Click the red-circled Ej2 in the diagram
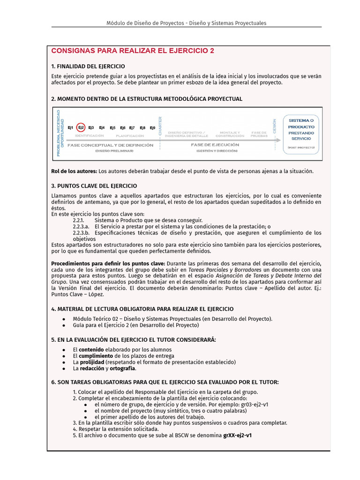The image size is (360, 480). click(81, 127)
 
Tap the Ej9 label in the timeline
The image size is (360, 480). click(152, 127)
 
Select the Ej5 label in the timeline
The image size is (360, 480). click(112, 127)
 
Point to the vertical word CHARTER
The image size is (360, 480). click(160, 126)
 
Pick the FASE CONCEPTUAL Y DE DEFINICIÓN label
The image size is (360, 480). click(110, 145)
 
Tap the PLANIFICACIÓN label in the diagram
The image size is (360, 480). click(130, 135)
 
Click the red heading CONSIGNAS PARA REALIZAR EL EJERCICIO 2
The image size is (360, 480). click(133, 51)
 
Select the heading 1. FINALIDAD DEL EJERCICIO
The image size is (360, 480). click(88, 66)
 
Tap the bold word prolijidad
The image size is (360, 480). click(91, 362)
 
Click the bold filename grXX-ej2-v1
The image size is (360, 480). click(238, 435)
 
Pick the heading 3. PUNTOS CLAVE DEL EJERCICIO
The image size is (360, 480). click(94, 186)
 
